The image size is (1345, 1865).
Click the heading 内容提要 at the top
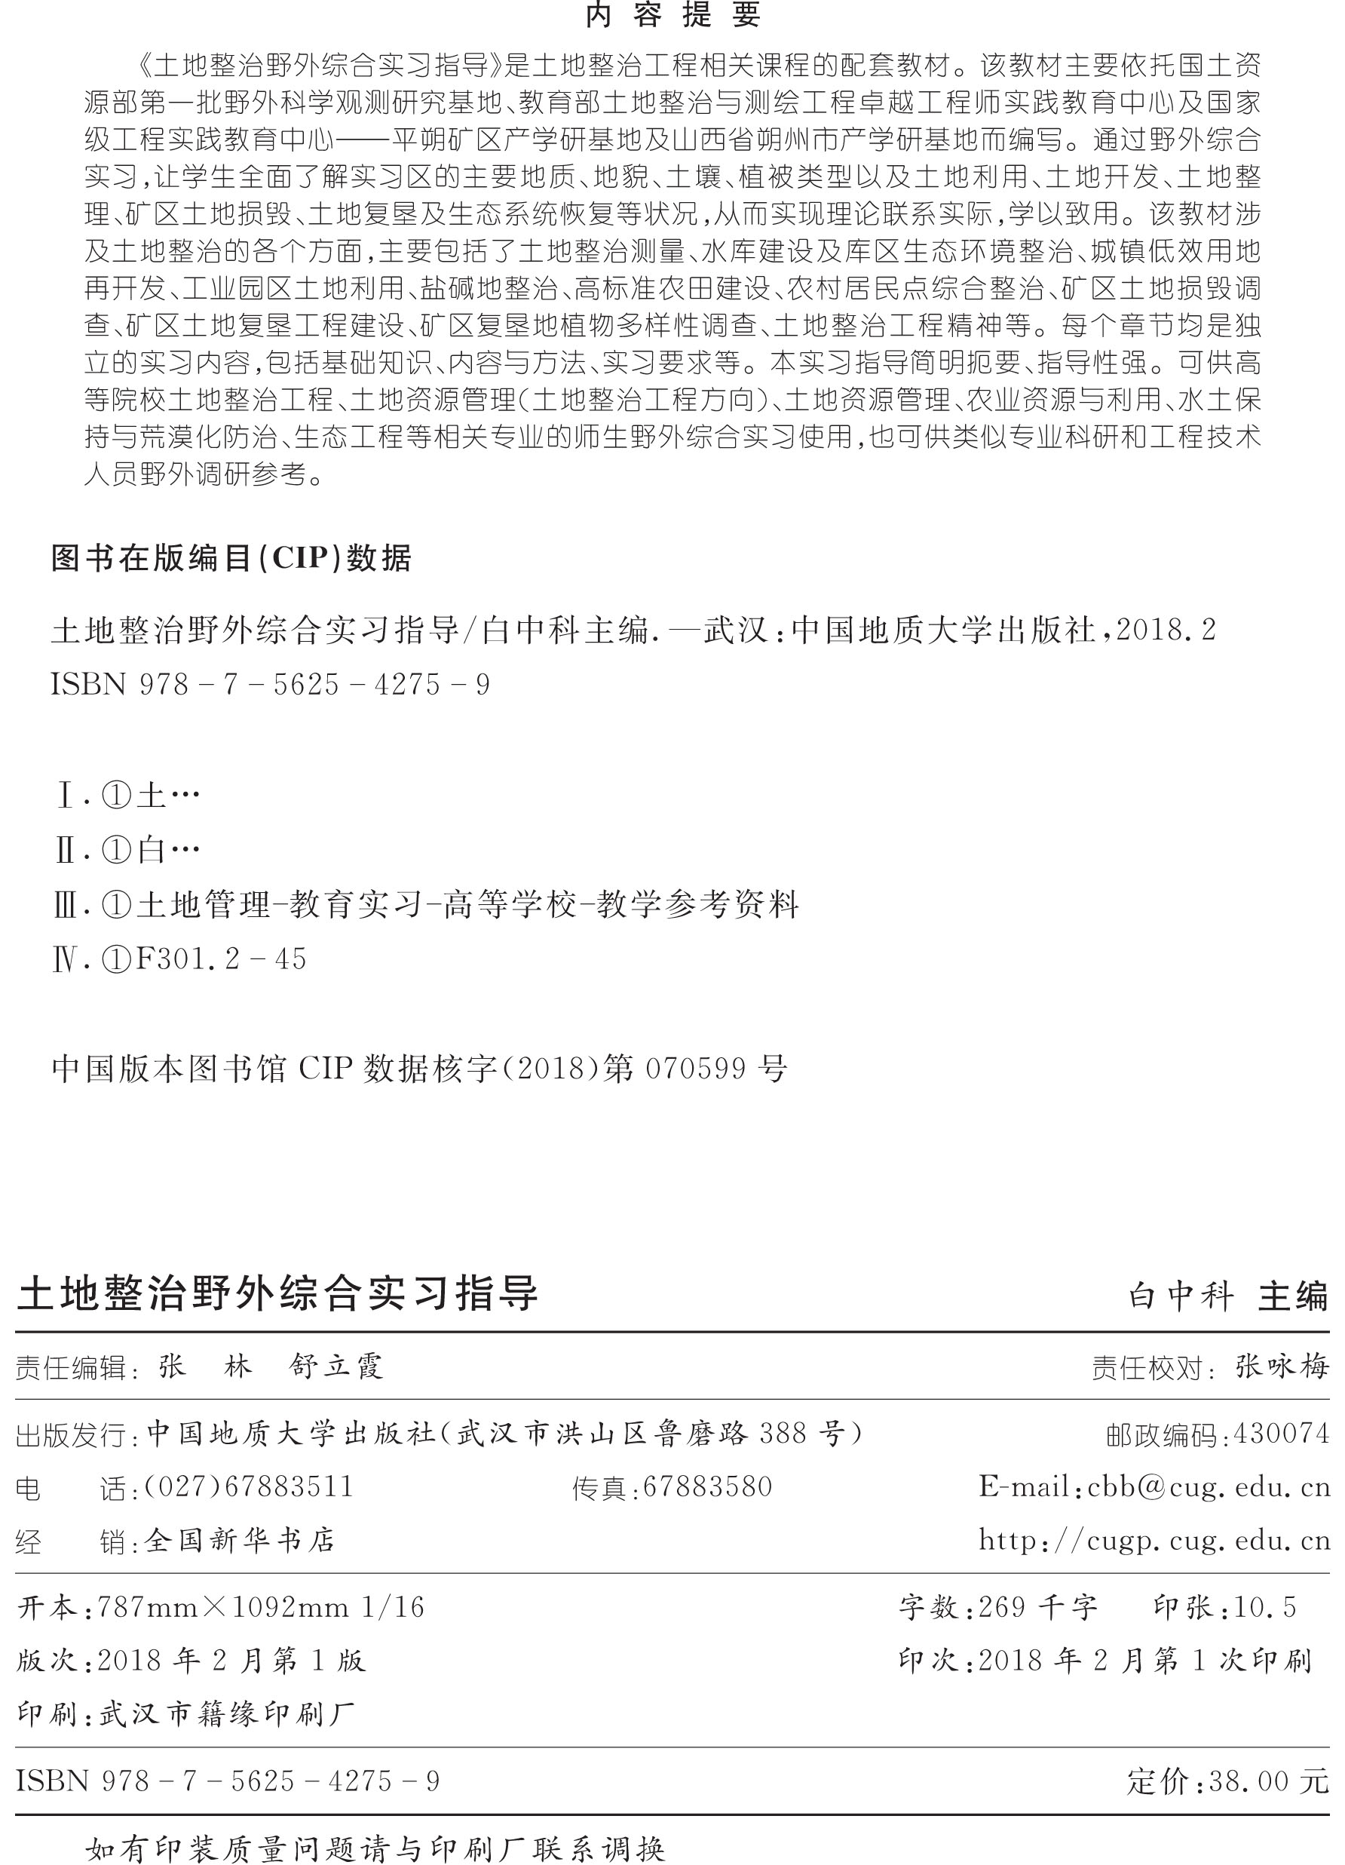pos(672,16)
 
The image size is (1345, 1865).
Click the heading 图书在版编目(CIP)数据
pos(231,558)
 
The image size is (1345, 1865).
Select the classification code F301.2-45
pos(220,959)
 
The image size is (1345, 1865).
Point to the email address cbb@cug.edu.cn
pos(1209,1486)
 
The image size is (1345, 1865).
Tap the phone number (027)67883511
pos(248,1486)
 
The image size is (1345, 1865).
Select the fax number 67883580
pos(707,1486)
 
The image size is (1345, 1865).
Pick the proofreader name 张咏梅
pos(1282,1367)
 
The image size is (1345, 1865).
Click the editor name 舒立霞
pos(336,1367)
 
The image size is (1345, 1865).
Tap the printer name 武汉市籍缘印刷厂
pos(227,1713)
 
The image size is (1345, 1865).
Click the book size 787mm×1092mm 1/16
pos(261,1607)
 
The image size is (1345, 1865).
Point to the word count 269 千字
pos(1037,1607)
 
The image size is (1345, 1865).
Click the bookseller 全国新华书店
pos(240,1539)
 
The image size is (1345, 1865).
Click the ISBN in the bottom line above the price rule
pos(228,1781)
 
